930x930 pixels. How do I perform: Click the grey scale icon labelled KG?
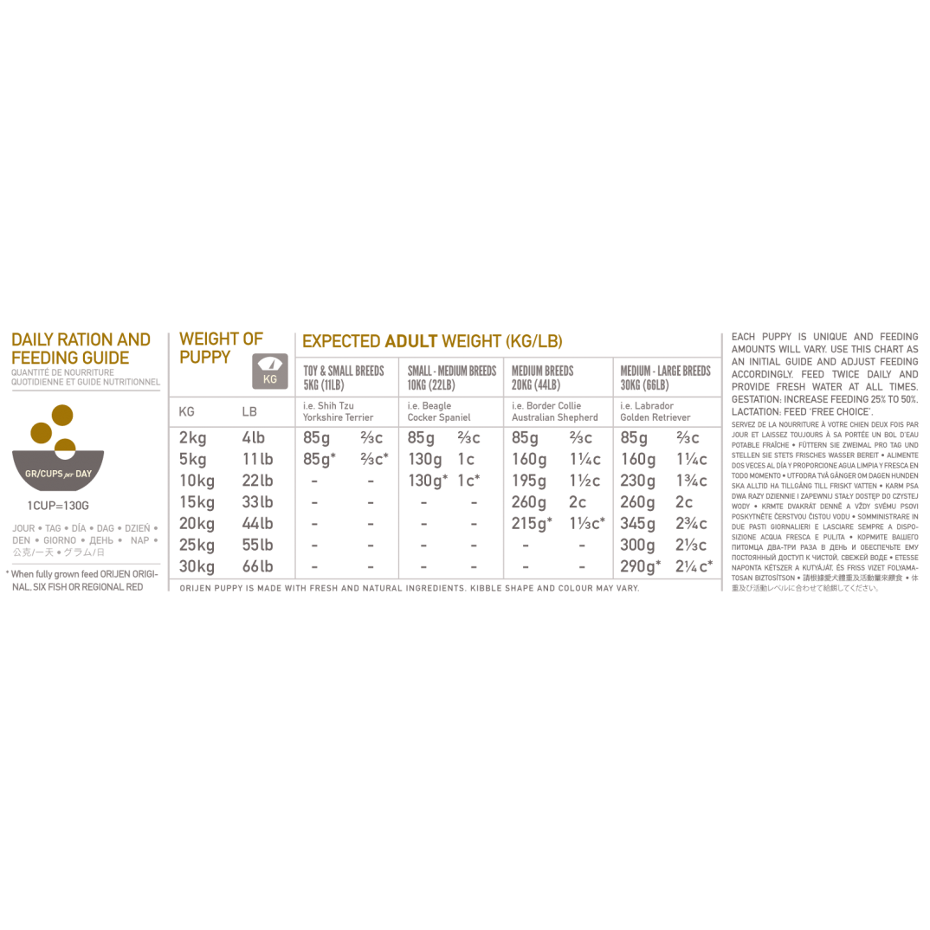(270, 371)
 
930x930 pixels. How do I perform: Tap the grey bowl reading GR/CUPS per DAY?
(58, 473)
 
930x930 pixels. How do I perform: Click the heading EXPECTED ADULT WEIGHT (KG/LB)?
(432, 342)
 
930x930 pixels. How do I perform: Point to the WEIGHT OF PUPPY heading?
(221, 347)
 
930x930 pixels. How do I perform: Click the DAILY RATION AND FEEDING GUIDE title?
(81, 348)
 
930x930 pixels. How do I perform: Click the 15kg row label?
(197, 502)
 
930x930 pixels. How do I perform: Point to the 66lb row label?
(257, 567)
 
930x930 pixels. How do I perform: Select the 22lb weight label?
(257, 481)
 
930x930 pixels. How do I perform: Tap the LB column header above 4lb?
(249, 411)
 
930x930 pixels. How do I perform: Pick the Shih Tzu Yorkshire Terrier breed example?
(338, 411)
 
